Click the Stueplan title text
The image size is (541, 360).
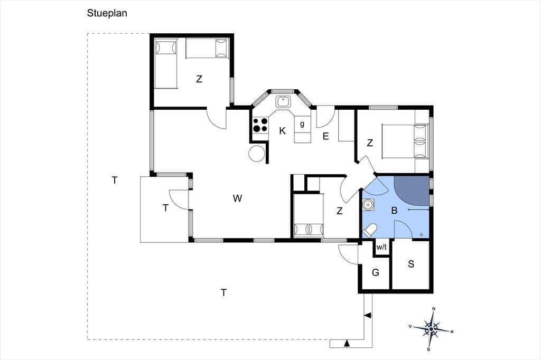pyautogui.click(x=107, y=13)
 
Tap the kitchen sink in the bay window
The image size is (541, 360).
pyautogui.click(x=283, y=102)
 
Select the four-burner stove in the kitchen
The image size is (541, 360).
pyautogui.click(x=260, y=125)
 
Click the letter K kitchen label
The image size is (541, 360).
pyautogui.click(x=283, y=131)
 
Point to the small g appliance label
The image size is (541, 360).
pyautogui.click(x=302, y=124)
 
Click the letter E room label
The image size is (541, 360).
pyautogui.click(x=325, y=136)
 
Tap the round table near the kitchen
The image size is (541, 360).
pyautogui.click(x=257, y=153)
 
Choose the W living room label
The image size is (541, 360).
pyautogui.click(x=237, y=198)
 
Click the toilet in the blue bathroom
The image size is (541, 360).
pyautogui.click(x=369, y=231)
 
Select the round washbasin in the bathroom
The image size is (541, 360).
pyautogui.click(x=368, y=205)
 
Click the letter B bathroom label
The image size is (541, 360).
pyautogui.click(x=394, y=210)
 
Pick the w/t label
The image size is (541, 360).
pyautogui.click(x=381, y=247)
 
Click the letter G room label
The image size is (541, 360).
pyautogui.click(x=376, y=272)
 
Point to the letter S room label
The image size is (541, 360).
pyautogui.click(x=411, y=264)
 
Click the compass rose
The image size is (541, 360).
pyautogui.click(x=431, y=329)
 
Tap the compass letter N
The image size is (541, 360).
pyautogui.click(x=434, y=309)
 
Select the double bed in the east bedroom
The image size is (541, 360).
pyautogui.click(x=405, y=141)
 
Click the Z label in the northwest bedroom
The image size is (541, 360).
pyautogui.click(x=199, y=79)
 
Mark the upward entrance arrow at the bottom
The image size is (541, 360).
pyautogui.click(x=348, y=343)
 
